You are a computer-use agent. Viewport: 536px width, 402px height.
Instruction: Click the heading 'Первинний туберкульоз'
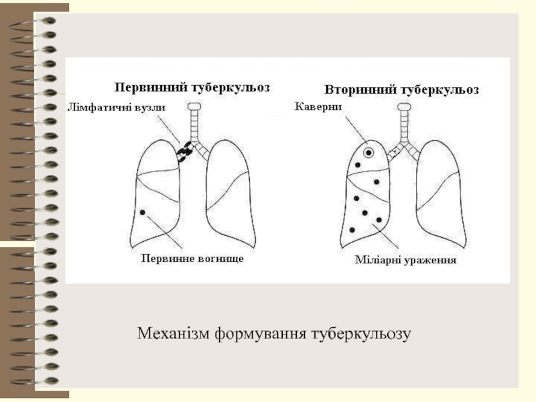point(192,88)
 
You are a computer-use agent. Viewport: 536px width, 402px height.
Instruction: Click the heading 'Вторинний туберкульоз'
point(401,90)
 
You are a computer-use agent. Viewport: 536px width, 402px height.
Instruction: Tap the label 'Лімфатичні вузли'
point(117,108)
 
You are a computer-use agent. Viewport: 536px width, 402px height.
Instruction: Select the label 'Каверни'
point(318,107)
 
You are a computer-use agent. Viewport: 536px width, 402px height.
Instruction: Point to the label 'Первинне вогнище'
point(192,259)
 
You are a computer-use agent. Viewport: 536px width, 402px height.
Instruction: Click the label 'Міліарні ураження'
point(406,260)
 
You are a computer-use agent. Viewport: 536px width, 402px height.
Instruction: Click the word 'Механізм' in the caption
point(173,333)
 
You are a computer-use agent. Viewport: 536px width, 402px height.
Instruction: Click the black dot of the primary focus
point(143,212)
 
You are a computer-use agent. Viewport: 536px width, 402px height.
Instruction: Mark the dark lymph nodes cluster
point(185,151)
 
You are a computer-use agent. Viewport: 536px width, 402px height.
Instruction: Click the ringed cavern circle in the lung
point(368,153)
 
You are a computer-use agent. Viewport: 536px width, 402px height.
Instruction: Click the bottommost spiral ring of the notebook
point(34,381)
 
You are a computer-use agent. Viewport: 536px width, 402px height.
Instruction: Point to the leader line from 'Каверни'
point(356,130)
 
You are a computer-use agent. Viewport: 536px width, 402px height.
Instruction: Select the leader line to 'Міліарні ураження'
point(386,237)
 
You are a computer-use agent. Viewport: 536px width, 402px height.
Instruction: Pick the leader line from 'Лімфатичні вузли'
point(169,130)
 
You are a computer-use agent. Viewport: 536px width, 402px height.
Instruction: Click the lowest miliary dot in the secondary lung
point(352,230)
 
